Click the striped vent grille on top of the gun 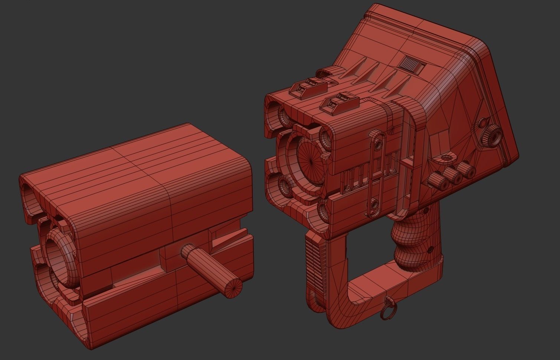pyautogui.click(x=412, y=64)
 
